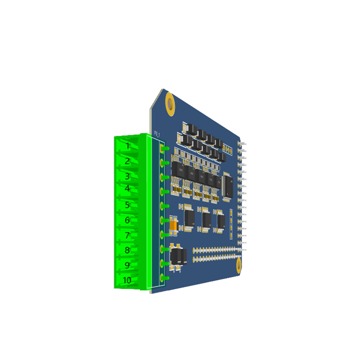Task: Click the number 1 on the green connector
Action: coord(128,146)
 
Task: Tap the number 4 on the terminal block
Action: coord(127,188)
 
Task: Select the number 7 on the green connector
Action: coord(127,235)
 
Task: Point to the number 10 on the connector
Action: coord(127,280)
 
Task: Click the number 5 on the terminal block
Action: coord(127,205)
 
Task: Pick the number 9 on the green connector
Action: coord(127,265)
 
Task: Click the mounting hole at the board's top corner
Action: coord(170,104)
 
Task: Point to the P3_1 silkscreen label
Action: coord(157,134)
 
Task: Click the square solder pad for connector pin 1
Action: coord(162,148)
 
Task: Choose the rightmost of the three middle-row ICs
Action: coord(221,221)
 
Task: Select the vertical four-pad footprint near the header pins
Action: coord(231,224)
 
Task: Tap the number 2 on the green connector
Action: coord(127,161)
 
